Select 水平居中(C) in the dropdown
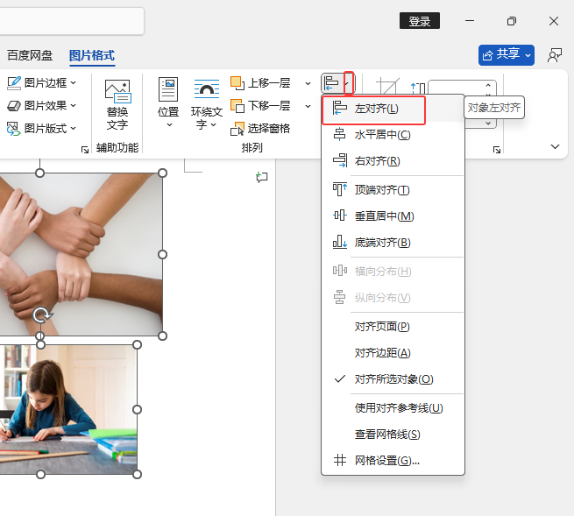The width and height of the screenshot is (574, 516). pyautogui.click(x=382, y=135)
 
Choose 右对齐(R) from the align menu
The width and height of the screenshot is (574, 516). pyautogui.click(x=377, y=161)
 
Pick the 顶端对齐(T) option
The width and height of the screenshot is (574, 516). pyautogui.click(x=382, y=190)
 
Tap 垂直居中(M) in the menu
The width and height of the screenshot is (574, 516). pyautogui.click(x=384, y=216)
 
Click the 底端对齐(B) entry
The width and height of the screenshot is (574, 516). pyautogui.click(x=382, y=243)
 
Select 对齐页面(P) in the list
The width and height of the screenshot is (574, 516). pyautogui.click(x=382, y=327)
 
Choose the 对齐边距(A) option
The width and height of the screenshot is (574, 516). pyautogui.click(x=382, y=353)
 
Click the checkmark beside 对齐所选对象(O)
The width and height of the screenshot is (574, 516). pyautogui.click(x=340, y=378)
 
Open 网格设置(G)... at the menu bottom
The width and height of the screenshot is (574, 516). pyautogui.click(x=386, y=461)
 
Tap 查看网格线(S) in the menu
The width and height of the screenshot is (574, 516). pyautogui.click(x=387, y=435)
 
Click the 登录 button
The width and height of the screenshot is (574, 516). pyautogui.click(x=420, y=21)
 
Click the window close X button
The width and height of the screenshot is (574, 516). pyautogui.click(x=554, y=21)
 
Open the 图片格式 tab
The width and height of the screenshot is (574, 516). pyautogui.click(x=92, y=55)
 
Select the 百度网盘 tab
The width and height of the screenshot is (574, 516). pyautogui.click(x=30, y=55)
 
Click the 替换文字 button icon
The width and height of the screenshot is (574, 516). pyautogui.click(x=117, y=91)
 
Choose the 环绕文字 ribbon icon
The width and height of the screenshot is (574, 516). pyautogui.click(x=207, y=89)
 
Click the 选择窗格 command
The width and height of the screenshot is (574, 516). pyautogui.click(x=260, y=129)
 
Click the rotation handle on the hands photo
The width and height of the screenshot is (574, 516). pyautogui.click(x=42, y=315)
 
